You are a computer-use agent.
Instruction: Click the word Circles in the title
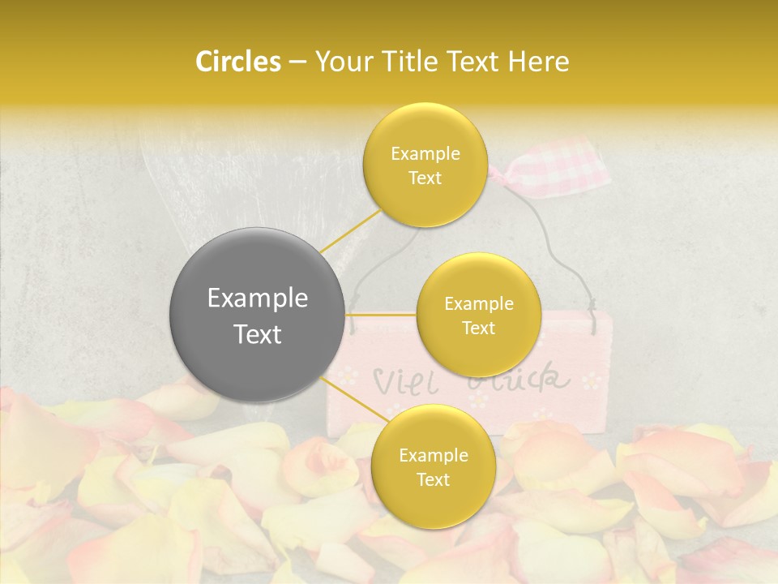pos(237,62)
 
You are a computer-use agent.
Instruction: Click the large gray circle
pos(258,315)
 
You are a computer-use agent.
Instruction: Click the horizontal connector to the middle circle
pos(381,314)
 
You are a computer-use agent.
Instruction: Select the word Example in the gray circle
pos(258,298)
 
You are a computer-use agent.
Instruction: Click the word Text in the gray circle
pos(258,334)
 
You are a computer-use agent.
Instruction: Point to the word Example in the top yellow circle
pos(425,154)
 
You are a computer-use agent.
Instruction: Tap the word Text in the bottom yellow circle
pos(433,480)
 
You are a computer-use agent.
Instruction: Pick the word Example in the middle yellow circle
pos(478,304)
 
